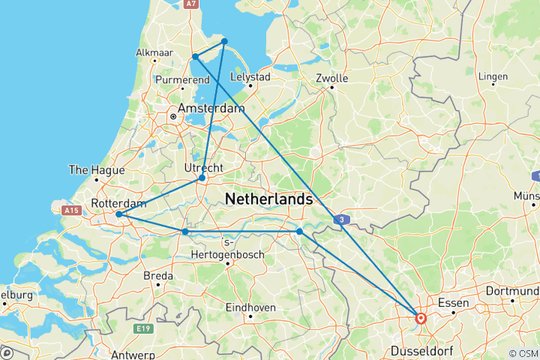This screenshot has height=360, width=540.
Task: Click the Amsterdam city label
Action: pyautogui.click(x=211, y=109)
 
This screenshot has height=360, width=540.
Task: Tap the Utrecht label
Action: pyautogui.click(x=203, y=166)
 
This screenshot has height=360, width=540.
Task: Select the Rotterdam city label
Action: pyautogui.click(x=118, y=202)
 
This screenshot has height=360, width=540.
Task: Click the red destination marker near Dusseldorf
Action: pyautogui.click(x=421, y=318)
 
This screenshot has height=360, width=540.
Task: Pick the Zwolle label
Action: pyautogui.click(x=331, y=78)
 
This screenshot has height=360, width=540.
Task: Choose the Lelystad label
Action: pyautogui.click(x=250, y=76)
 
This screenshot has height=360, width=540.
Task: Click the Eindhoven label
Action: pyautogui.click(x=250, y=307)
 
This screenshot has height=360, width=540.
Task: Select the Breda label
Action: pyautogui.click(x=158, y=276)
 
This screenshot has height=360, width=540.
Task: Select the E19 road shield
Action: pyautogui.click(x=143, y=328)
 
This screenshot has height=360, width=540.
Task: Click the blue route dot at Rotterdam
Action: pyautogui.click(x=119, y=214)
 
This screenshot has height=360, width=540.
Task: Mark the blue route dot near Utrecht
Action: pyautogui.click(x=202, y=178)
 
